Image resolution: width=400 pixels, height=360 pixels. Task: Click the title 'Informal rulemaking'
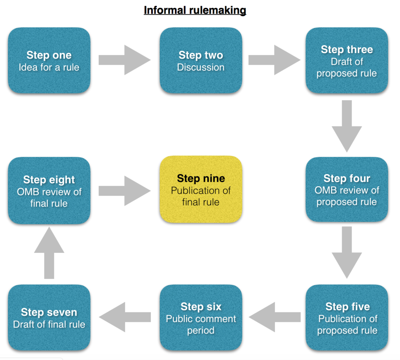click(195, 10)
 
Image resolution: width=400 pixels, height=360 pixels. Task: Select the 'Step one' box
click(49, 61)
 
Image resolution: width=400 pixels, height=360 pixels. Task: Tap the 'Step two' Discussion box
click(201, 61)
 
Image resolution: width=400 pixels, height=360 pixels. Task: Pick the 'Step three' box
click(347, 61)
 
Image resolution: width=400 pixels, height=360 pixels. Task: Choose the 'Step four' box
click(347, 190)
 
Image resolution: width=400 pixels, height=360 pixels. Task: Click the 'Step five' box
click(347, 318)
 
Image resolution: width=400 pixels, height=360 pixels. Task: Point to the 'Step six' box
click(201, 318)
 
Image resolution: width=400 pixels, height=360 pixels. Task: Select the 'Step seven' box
click(49, 318)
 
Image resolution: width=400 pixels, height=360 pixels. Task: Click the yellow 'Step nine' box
click(201, 190)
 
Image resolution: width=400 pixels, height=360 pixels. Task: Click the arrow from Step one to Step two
click(124, 60)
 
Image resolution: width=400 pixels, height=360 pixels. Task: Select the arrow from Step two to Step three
click(274, 60)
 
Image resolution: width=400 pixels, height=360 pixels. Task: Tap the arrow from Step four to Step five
click(347, 252)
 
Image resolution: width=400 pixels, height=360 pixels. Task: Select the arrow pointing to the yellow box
click(124, 191)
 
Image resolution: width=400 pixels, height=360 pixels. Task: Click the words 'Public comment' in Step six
click(201, 319)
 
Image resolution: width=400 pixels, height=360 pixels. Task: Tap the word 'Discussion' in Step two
click(201, 67)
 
